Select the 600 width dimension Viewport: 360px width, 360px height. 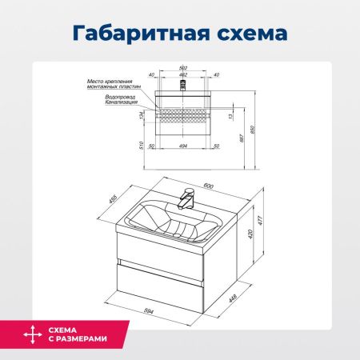pos(209,186)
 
